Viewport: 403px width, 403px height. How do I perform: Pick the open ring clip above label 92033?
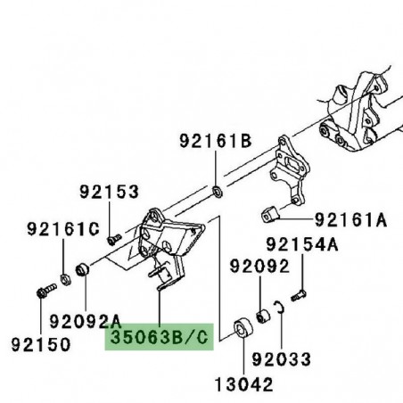coord(279,308)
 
